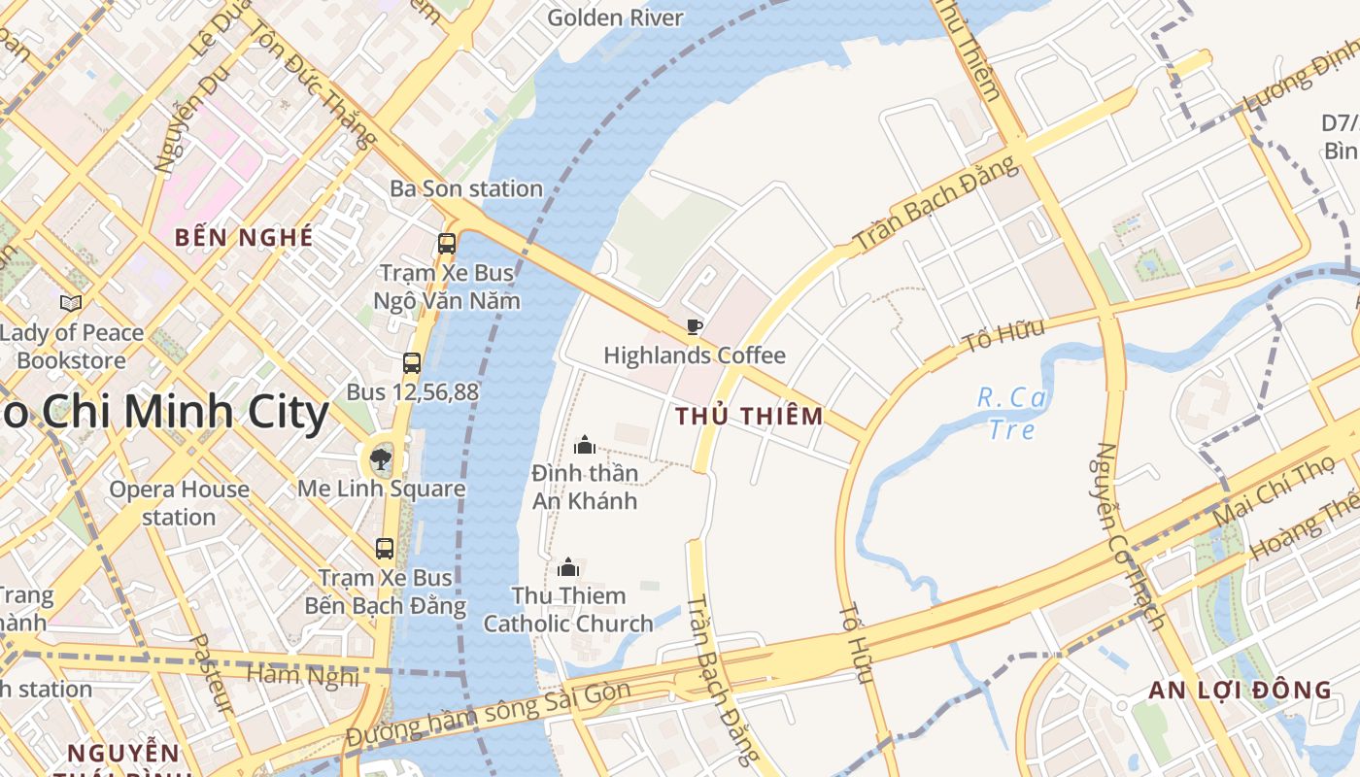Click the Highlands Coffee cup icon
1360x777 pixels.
694,326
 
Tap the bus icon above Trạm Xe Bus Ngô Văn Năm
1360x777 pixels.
447,244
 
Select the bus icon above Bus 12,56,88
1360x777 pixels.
412,363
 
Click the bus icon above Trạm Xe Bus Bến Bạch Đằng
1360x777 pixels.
385,549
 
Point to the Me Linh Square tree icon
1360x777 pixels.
380,459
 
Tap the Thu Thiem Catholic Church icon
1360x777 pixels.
568,566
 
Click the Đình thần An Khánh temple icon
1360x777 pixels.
585,445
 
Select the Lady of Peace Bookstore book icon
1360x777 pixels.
71,304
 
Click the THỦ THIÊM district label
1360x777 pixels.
749,417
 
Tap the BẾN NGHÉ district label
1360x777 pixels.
244,237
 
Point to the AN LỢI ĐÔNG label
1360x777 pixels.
1240,691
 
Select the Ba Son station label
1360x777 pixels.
466,188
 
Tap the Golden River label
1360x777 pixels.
615,17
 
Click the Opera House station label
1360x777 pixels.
179,502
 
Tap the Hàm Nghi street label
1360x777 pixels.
302,674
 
